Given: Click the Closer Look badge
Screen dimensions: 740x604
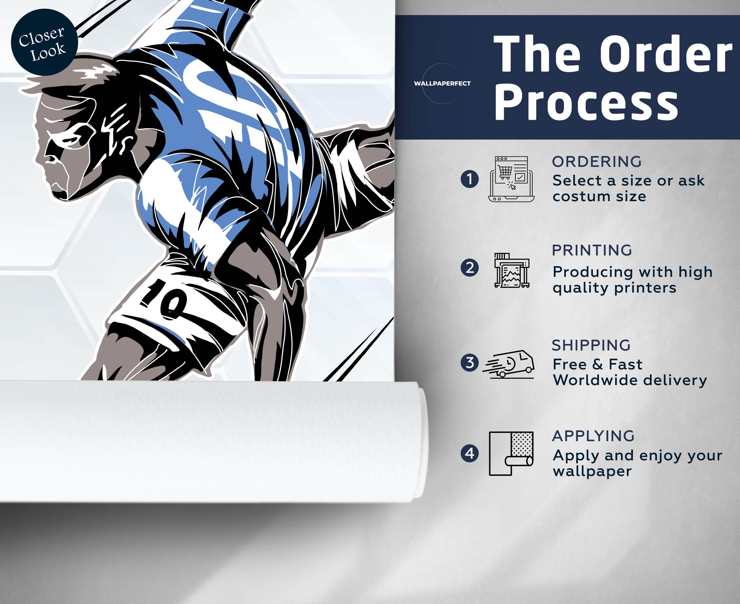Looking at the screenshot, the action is pyautogui.click(x=44, y=42).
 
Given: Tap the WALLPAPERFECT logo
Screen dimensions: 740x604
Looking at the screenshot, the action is pyautogui.click(x=442, y=83).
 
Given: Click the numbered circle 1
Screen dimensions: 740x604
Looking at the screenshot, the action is pyautogui.click(x=469, y=179).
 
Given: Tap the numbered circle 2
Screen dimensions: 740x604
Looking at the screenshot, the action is pyautogui.click(x=469, y=268).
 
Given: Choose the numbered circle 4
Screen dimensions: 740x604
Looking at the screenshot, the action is pyautogui.click(x=469, y=453).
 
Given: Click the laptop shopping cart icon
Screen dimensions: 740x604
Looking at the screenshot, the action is pyautogui.click(x=511, y=179).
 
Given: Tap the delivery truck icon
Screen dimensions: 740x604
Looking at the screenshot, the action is pyautogui.click(x=508, y=364).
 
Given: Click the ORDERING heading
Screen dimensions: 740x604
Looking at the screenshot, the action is pyautogui.click(x=597, y=162).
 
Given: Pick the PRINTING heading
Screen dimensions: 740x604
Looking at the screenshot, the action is pyautogui.click(x=592, y=250).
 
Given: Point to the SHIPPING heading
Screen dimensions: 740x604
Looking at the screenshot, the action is pyautogui.click(x=591, y=345).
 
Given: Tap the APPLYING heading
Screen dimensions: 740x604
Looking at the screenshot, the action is pyautogui.click(x=593, y=436).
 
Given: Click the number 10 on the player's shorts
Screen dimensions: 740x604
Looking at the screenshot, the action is pyautogui.click(x=164, y=300).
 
